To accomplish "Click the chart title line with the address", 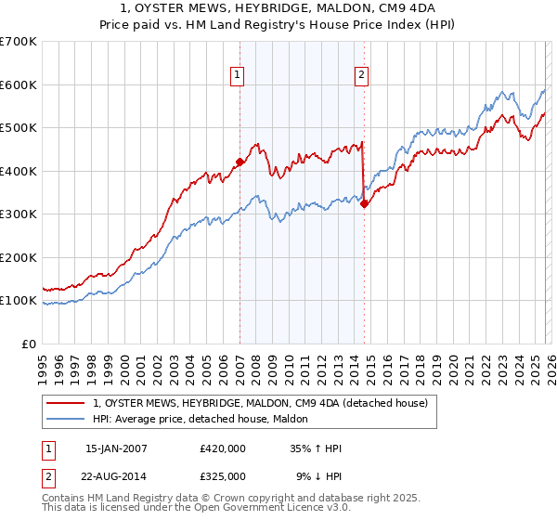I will click(278, 8).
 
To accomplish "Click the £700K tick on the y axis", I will click(19, 42).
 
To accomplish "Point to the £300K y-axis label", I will click(19, 214).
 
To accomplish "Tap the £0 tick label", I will click(28, 344).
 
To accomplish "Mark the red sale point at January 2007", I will click(240, 162).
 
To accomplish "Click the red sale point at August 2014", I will click(364, 203).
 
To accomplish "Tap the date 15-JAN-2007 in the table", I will click(116, 448).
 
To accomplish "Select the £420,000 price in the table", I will click(223, 448).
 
